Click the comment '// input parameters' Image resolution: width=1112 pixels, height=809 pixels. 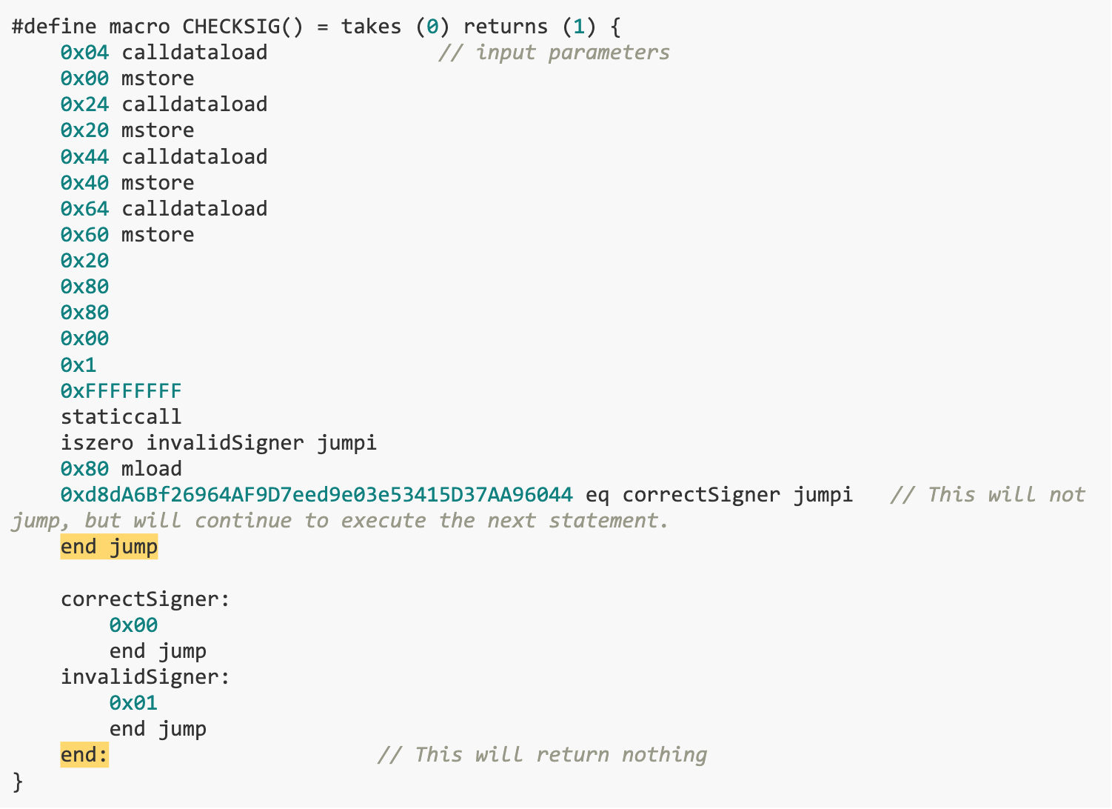pos(554,53)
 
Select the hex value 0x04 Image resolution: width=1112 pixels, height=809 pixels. pos(84,53)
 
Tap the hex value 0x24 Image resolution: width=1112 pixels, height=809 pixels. pos(84,104)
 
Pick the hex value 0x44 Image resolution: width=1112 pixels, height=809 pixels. pos(84,157)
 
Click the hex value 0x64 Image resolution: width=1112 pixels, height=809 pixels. pos(84,209)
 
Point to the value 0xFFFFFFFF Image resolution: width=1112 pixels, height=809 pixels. pos(121,391)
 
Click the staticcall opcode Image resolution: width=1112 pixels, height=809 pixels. pos(121,417)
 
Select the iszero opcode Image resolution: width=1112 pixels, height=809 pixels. pos(97,443)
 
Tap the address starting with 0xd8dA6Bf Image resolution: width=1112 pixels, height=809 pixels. pos(316,495)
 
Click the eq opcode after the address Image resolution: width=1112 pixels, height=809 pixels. pos(597,495)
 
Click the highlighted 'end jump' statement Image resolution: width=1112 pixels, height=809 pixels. pos(109,547)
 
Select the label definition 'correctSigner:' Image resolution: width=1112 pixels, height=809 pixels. pos(145,599)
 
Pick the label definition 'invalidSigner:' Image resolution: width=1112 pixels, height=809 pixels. pos(145,677)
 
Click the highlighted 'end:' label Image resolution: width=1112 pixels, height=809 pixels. pos(84,755)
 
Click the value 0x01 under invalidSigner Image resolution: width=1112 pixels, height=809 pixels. pos(133,703)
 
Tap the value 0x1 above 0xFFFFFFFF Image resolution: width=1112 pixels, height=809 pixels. pos(78,365)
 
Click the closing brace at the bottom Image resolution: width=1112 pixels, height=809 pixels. pos(18,781)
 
